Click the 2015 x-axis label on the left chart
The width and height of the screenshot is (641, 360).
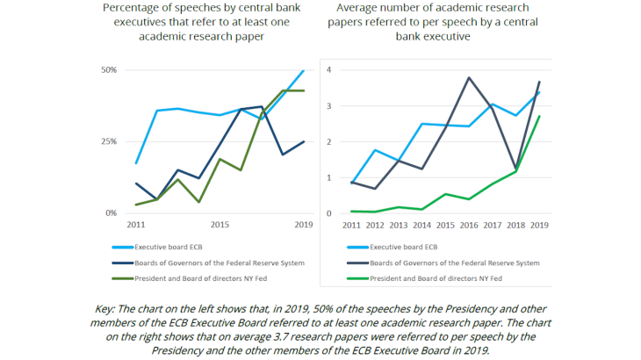(219, 225)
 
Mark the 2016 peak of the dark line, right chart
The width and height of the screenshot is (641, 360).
(469, 77)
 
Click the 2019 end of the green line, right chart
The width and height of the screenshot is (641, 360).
(538, 116)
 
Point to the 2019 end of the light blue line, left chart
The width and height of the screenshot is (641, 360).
(304, 70)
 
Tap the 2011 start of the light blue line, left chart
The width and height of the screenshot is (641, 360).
(135, 163)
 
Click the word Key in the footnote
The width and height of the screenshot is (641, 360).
(104, 310)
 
